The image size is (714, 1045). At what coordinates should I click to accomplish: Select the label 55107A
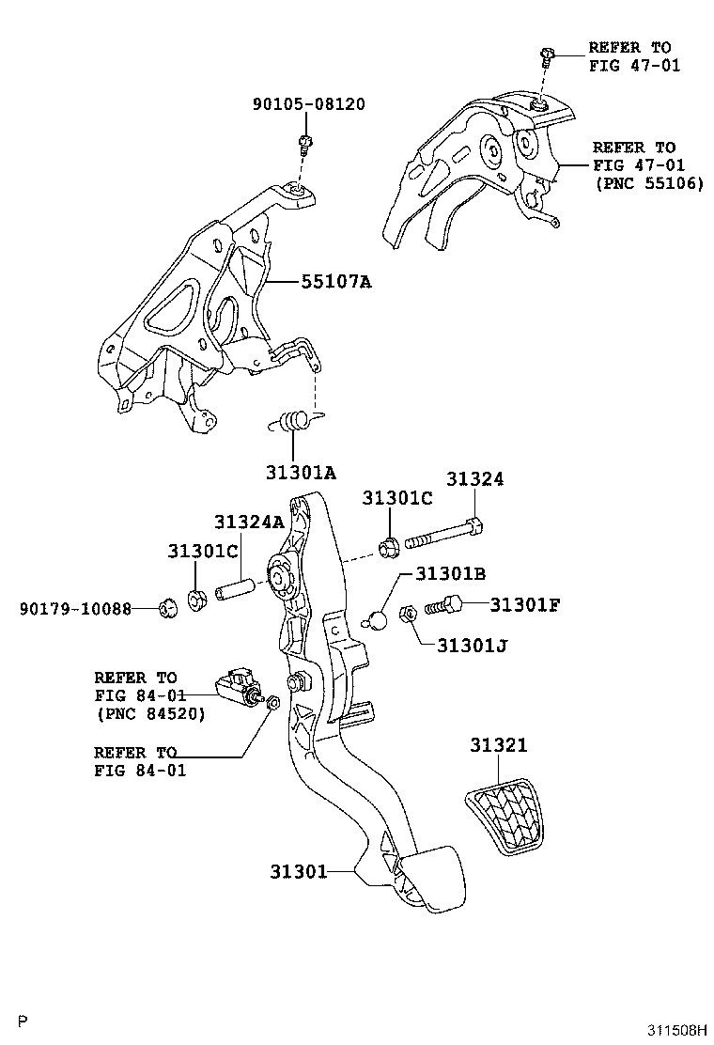335,280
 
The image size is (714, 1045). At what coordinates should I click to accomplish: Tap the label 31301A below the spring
300,473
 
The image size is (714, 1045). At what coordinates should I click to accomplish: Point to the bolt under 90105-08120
304,144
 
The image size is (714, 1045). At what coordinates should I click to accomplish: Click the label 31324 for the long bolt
474,478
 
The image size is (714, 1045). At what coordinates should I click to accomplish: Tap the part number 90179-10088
74,609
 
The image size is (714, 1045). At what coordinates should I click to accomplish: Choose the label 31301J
473,646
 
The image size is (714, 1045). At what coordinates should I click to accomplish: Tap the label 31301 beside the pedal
298,871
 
